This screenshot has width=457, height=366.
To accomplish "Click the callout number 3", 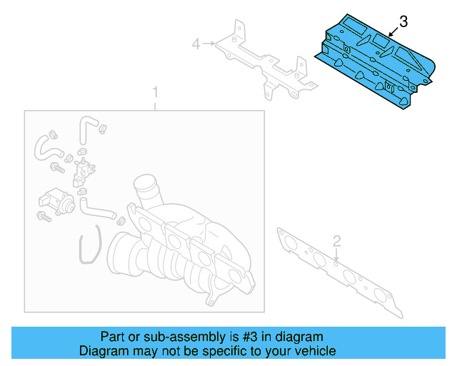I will pos(403,22).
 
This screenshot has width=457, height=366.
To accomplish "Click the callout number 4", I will pos(196,45).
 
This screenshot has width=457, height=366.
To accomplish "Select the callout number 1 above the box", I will pos(154,93).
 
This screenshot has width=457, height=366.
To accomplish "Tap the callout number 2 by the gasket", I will pos(338,241).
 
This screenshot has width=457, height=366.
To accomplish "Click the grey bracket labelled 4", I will pos(264,61).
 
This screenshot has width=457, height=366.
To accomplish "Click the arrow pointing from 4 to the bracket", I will pos(209,45).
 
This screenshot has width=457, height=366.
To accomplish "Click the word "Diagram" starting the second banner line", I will pos(101,351).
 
